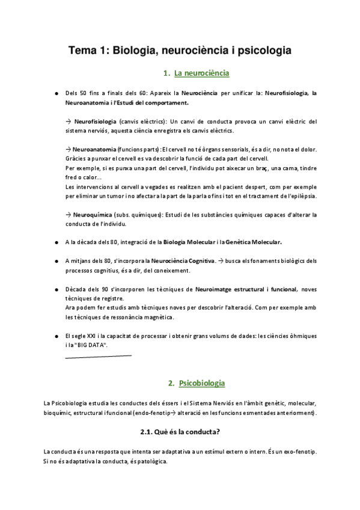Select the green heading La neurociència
[x=201, y=75]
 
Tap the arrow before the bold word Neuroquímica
[x=67, y=214]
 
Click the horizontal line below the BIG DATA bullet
[x=97, y=355]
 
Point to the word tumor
[x=120, y=196]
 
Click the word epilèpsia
[x=301, y=196]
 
